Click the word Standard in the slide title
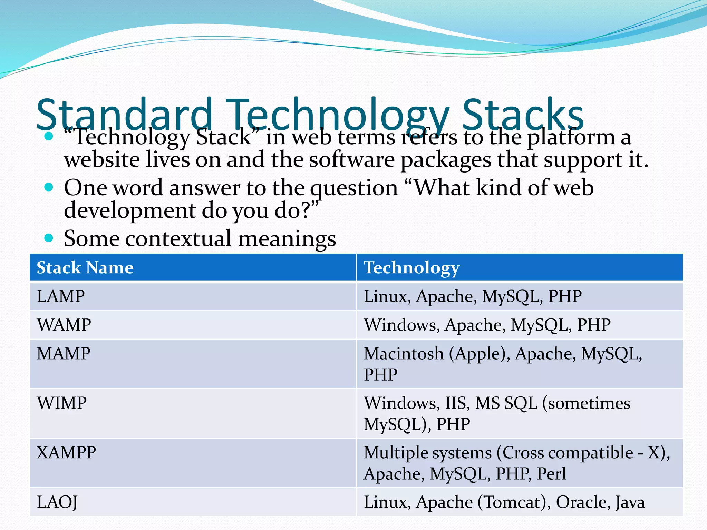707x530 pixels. tap(124, 114)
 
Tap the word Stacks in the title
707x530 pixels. tap(523, 114)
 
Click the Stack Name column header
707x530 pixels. tap(85, 267)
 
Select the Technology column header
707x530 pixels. tap(411, 267)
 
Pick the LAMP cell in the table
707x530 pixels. tap(61, 296)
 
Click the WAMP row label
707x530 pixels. tap(64, 325)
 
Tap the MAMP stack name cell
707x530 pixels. tap(64, 354)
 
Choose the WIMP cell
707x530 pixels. tap(62, 403)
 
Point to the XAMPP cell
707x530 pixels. tap(66, 452)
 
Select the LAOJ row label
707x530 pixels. tap(57, 502)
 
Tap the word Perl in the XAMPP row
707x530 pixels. tap(551, 473)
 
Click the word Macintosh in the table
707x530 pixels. tap(404, 354)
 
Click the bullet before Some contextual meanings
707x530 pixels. tap(49, 238)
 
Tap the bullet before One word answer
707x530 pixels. tap(49, 187)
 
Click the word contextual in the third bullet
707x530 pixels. tap(178, 238)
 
